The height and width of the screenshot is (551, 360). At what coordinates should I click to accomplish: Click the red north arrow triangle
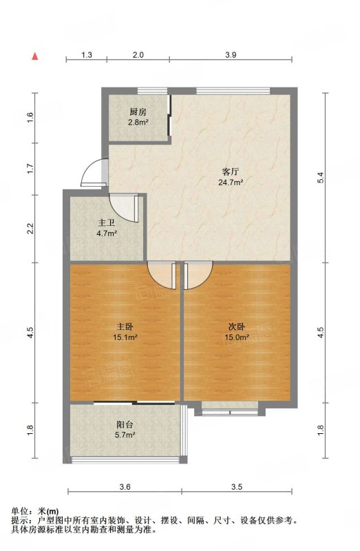[x=35, y=56]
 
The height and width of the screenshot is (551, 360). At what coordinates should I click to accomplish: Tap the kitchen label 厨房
[x=138, y=112]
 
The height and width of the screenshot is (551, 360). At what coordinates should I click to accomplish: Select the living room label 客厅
[x=231, y=171]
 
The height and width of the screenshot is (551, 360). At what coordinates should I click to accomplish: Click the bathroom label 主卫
[x=107, y=222]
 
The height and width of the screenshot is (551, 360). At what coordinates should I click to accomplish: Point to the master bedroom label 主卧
[x=125, y=326]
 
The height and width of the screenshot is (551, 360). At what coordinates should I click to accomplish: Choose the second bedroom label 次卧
[x=237, y=326]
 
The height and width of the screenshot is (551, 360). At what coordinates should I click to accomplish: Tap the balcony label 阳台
[x=125, y=424]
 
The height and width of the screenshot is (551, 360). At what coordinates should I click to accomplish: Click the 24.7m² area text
[x=231, y=183]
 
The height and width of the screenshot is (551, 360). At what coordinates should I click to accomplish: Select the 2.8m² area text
[x=138, y=123]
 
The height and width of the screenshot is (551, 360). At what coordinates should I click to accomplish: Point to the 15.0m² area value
[x=237, y=337]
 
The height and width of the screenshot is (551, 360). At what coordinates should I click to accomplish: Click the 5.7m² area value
[x=125, y=435]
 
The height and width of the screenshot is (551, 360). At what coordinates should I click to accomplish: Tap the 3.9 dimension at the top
[x=231, y=55]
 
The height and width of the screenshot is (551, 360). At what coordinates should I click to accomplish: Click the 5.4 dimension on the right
[x=320, y=178]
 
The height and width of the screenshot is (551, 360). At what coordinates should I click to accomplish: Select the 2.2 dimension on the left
[x=30, y=229]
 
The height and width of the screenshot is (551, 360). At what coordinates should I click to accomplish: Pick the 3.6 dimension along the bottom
[x=125, y=487]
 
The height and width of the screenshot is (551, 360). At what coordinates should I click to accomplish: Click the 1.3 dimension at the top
[x=87, y=55]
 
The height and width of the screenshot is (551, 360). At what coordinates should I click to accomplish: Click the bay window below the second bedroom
[x=230, y=409]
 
